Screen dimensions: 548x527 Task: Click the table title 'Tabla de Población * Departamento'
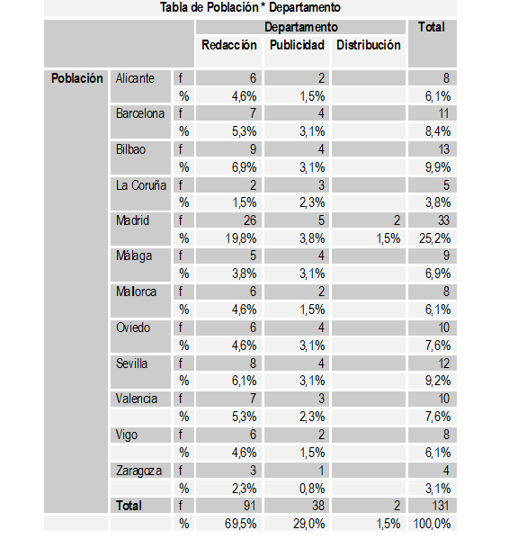pyautogui.click(x=251, y=8)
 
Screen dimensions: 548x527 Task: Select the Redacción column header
pyautogui.click(x=228, y=45)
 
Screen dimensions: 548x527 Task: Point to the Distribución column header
pyautogui.click(x=368, y=45)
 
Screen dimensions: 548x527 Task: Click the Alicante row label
pyautogui.click(x=135, y=78)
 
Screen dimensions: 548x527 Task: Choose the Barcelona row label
pyautogui.click(x=140, y=113)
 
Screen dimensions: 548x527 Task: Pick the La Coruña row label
pyautogui.click(x=141, y=185)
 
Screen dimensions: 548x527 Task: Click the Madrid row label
pyautogui.click(x=132, y=220)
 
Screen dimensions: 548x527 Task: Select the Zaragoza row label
pyautogui.click(x=140, y=470)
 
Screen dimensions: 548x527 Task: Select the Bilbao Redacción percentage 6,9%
pyautogui.click(x=244, y=167)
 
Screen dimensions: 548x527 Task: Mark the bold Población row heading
pyautogui.click(x=76, y=78)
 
